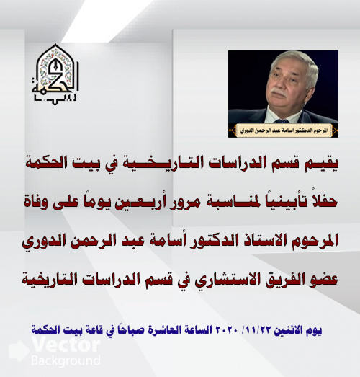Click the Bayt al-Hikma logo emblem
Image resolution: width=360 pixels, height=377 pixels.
tap(55, 74)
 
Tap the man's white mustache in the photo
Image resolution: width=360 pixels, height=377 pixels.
tap(279, 92)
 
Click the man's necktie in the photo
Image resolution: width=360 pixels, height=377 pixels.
tap(282, 121)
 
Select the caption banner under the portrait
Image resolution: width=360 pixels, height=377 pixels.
tap(284, 130)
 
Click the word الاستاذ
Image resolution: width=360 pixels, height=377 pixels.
tap(264, 241)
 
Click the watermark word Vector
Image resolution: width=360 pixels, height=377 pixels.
tap(66, 345)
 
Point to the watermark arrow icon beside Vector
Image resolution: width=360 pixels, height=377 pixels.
tap(19, 350)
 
